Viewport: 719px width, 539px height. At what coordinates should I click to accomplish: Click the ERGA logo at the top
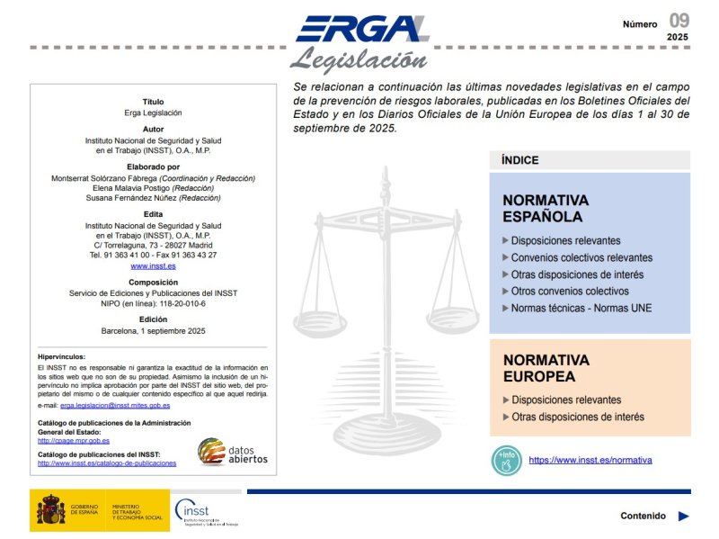pyautogui.click(x=361, y=30)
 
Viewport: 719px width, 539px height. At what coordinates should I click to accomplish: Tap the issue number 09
pyautogui.click(x=679, y=21)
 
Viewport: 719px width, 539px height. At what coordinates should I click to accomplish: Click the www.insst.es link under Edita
pyautogui.click(x=153, y=266)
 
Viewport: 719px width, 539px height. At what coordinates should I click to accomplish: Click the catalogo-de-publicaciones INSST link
pyautogui.click(x=107, y=463)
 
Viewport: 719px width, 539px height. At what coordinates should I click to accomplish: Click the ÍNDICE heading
pyautogui.click(x=520, y=160)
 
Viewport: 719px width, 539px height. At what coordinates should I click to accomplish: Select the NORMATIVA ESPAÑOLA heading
pyautogui.click(x=546, y=208)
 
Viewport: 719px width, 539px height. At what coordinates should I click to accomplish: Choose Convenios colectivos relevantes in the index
pyautogui.click(x=581, y=257)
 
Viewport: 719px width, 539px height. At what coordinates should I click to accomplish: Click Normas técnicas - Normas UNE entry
pyautogui.click(x=581, y=308)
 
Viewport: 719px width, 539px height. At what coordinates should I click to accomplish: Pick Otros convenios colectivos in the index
pyautogui.click(x=570, y=292)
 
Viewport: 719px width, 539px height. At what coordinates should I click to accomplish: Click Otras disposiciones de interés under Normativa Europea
pyautogui.click(x=577, y=417)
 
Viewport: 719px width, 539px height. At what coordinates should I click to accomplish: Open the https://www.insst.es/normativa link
pyautogui.click(x=590, y=460)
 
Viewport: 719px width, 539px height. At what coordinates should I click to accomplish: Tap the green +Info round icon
pyautogui.click(x=506, y=460)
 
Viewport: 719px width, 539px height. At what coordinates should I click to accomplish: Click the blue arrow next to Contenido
pyautogui.click(x=684, y=517)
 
